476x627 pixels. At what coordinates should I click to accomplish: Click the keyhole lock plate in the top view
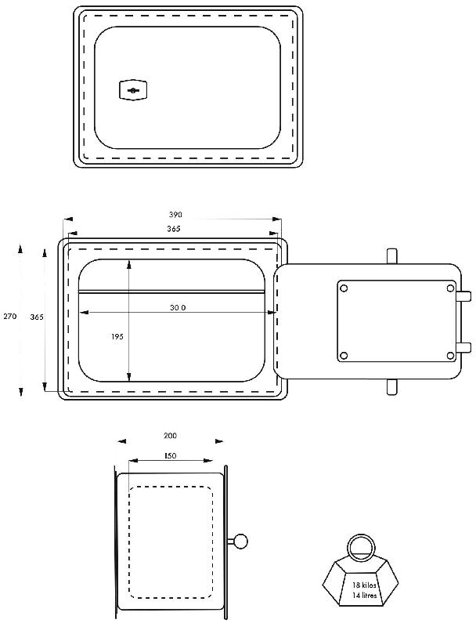133,90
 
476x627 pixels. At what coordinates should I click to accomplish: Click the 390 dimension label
175,214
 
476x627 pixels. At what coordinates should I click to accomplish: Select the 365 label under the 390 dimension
174,229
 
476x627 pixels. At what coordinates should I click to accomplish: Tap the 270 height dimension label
10,317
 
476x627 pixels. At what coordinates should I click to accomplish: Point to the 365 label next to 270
37,317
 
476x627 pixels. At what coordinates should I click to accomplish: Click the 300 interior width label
178,307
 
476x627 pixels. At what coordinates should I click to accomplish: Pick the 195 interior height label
117,337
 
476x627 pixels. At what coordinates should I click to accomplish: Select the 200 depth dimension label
170,436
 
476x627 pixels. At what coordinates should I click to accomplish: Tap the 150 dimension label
170,455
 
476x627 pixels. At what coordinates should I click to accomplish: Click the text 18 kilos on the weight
364,585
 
